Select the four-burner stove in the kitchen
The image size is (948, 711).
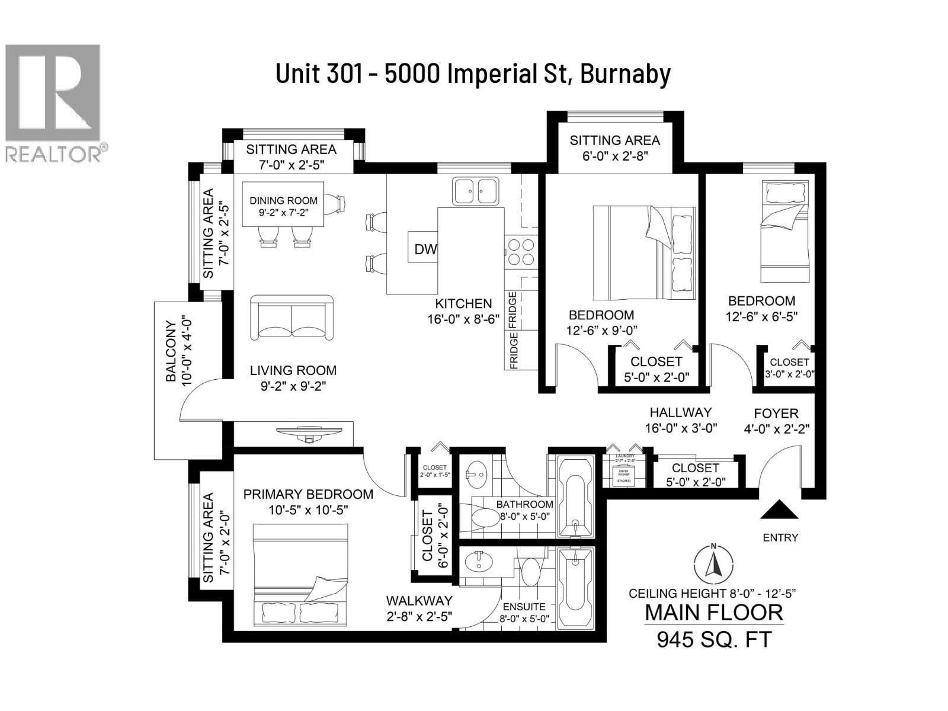(x=521, y=251)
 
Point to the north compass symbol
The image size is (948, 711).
(x=713, y=563)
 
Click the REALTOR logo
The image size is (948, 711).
(x=53, y=101)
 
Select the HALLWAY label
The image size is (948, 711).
(x=680, y=412)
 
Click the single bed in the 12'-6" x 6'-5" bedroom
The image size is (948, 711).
(x=784, y=232)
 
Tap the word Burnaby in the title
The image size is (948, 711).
(x=625, y=74)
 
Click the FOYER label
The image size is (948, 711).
(x=776, y=413)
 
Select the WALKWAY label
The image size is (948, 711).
(x=419, y=601)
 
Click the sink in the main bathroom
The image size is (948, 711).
(x=476, y=474)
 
